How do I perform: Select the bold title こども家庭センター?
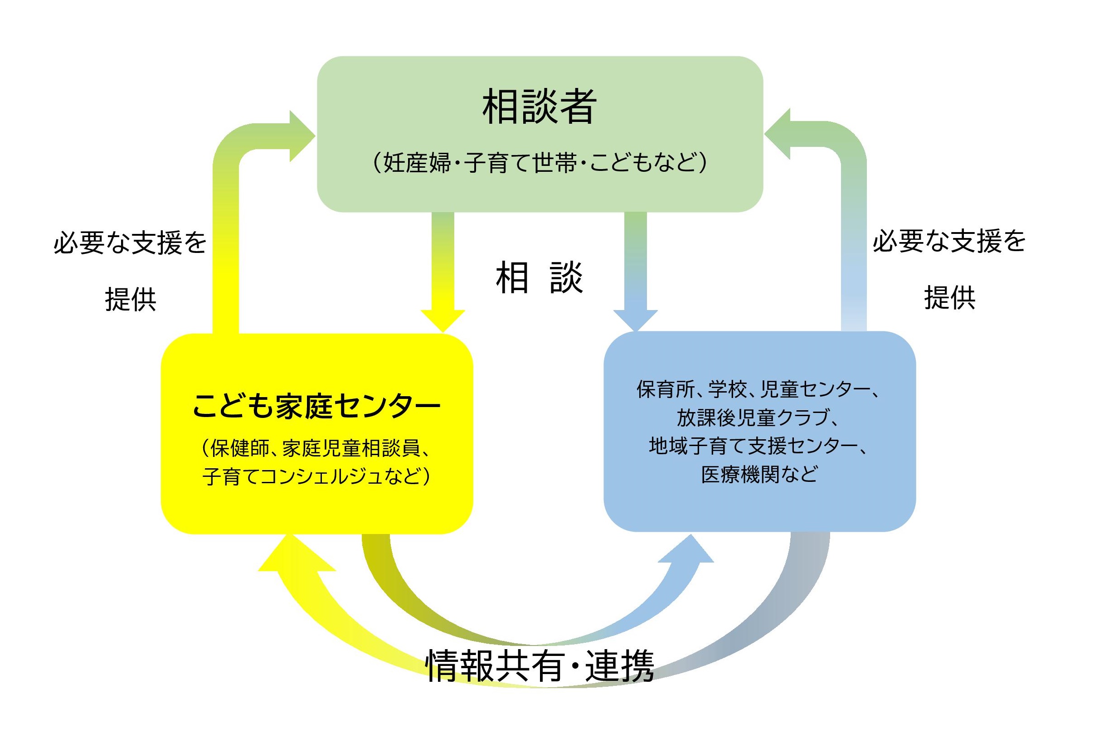(316, 406)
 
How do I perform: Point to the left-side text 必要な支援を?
(131, 243)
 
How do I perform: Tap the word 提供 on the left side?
(131, 299)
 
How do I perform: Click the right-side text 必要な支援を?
(949, 241)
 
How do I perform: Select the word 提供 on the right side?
(949, 297)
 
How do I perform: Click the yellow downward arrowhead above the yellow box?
(442, 320)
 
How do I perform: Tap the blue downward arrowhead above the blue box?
(635, 320)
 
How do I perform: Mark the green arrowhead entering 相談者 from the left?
(301, 136)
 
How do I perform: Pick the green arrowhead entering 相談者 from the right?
(778, 134)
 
